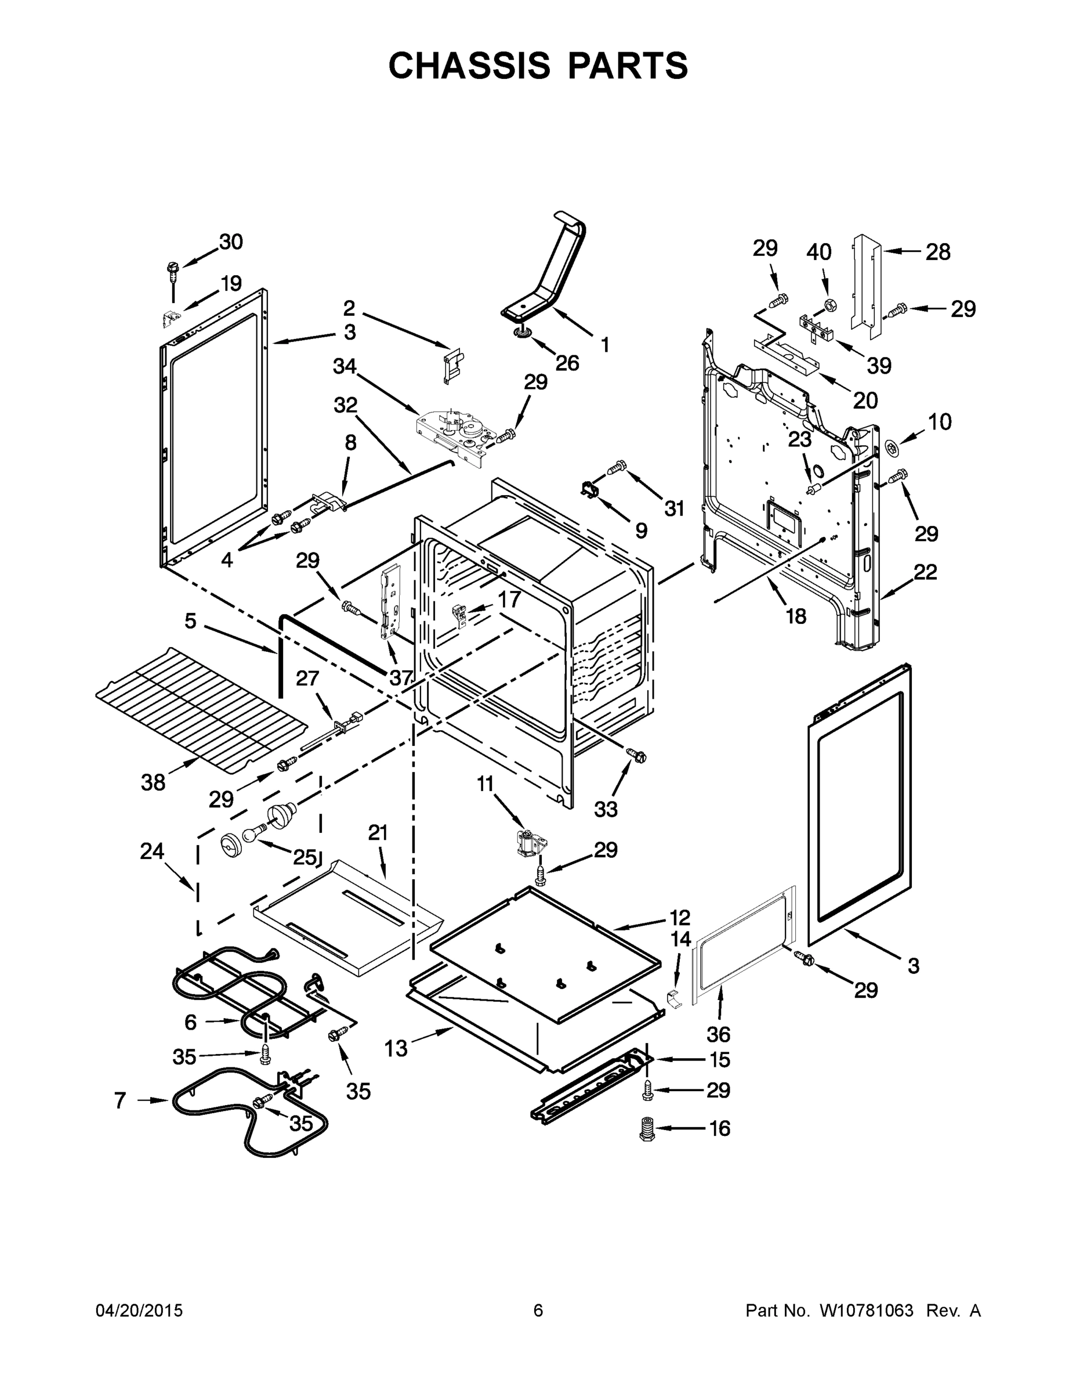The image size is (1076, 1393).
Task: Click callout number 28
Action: click(x=938, y=252)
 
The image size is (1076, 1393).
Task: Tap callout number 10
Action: click(x=939, y=421)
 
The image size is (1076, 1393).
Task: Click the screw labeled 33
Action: click(x=636, y=755)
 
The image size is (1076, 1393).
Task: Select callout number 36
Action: click(x=718, y=1034)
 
